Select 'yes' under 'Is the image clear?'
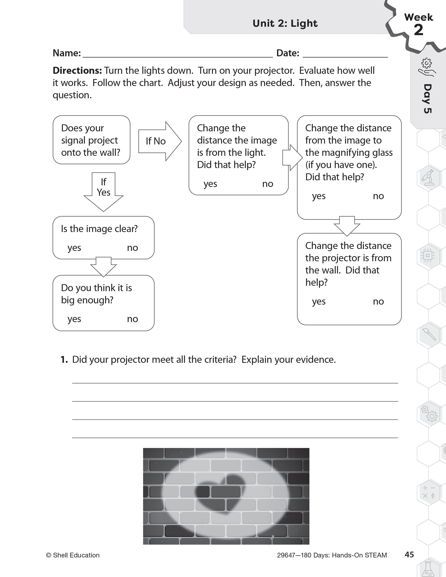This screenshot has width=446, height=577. (x=74, y=248)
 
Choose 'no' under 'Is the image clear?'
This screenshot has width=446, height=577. (x=132, y=248)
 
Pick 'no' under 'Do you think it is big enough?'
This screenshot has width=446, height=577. (x=132, y=319)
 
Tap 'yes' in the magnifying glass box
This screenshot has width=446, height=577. (x=319, y=196)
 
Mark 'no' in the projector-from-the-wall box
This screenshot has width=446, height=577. (x=378, y=301)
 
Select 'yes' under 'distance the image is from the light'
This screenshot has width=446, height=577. (x=210, y=184)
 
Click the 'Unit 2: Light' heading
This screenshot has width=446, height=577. (x=285, y=23)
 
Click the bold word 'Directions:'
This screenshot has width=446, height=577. (x=77, y=70)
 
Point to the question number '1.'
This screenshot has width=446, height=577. (x=64, y=359)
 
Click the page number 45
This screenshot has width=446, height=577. (x=409, y=555)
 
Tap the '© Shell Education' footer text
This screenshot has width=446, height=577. (x=73, y=555)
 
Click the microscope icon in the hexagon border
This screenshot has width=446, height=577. (x=428, y=177)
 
